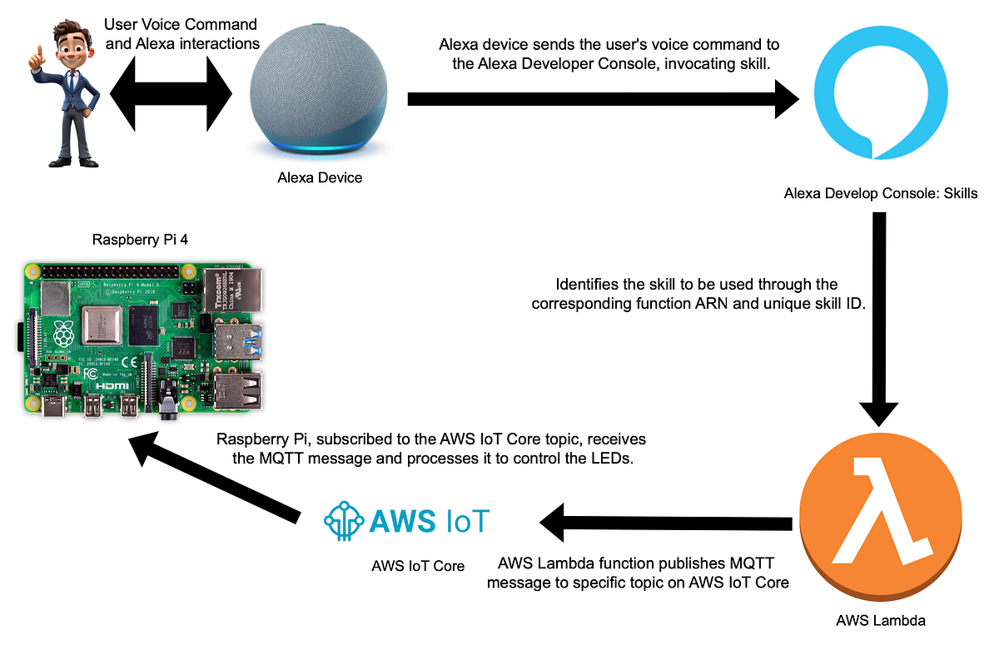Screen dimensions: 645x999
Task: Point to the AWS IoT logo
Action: point(407,520)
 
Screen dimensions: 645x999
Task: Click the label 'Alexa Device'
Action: point(320,178)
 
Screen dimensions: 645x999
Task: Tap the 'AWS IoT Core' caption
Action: point(418,566)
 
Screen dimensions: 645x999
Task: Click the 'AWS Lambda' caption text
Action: point(881,619)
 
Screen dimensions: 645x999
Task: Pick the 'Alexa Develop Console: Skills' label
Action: point(881,194)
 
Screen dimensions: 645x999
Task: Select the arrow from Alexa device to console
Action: point(599,99)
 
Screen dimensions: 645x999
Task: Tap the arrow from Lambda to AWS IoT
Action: point(666,523)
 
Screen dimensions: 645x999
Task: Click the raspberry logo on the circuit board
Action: point(63,335)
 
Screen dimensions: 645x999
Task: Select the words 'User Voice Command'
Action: point(181,24)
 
